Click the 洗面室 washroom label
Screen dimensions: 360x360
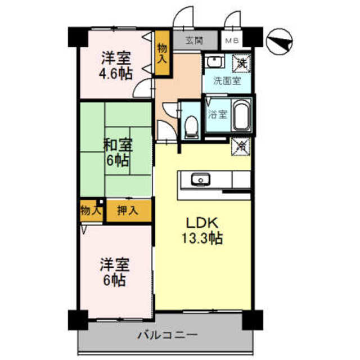coord(226,80)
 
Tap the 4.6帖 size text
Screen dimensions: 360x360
coord(117,74)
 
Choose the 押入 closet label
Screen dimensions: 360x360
coord(128,211)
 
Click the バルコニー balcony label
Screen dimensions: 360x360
coord(168,335)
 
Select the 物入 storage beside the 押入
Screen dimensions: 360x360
coord(91,211)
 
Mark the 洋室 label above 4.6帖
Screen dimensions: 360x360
coord(116,58)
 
